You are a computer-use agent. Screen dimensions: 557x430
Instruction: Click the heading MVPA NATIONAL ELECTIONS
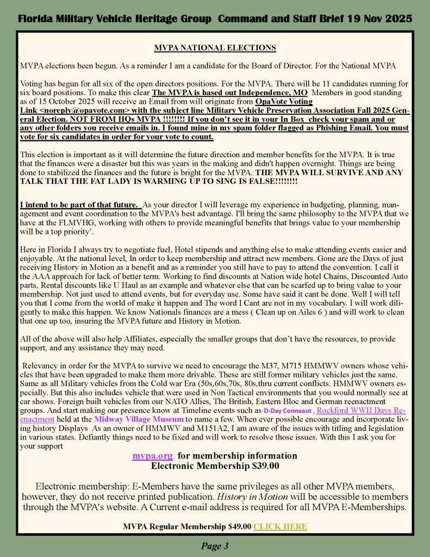215,48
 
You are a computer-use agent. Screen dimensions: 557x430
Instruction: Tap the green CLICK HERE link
280,526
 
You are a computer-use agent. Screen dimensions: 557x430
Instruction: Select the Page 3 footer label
215,546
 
